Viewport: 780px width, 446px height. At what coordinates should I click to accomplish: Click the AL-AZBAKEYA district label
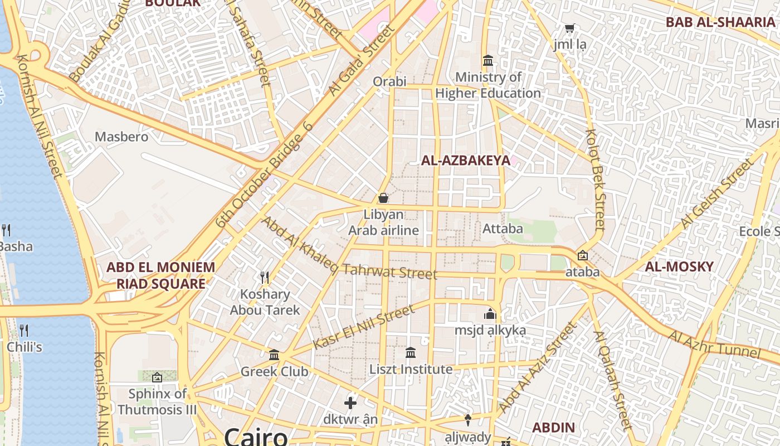tap(465, 161)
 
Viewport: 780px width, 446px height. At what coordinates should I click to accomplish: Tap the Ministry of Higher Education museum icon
tap(488, 60)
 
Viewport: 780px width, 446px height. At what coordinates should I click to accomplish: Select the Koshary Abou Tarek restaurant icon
tap(265, 277)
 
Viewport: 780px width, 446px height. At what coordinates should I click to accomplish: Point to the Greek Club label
tap(274, 371)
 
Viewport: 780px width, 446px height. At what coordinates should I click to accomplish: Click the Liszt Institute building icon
tap(411, 352)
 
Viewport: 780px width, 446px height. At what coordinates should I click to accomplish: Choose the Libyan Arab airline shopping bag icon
tap(383, 198)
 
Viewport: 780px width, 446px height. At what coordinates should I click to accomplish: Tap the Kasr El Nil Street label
tap(364, 327)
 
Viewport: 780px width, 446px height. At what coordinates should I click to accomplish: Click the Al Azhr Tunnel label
tap(714, 345)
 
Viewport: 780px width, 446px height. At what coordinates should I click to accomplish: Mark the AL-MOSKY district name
tap(679, 266)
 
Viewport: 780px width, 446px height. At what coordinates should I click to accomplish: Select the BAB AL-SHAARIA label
tap(720, 22)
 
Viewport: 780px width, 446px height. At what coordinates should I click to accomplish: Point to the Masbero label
tap(121, 137)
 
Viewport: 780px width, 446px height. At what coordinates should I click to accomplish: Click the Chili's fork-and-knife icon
tap(23, 331)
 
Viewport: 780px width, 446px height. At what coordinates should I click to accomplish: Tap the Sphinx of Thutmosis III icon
tap(157, 377)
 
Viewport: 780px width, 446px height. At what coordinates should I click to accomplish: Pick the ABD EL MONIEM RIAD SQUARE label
tap(160, 275)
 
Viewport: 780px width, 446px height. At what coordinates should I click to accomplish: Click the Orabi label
tap(389, 81)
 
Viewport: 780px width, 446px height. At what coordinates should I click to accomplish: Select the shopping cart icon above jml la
tap(570, 28)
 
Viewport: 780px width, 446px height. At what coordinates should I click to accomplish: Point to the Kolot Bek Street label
tap(595, 180)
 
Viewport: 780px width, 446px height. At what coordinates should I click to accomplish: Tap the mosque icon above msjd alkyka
tap(490, 314)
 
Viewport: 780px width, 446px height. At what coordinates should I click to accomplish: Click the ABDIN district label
tap(553, 428)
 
